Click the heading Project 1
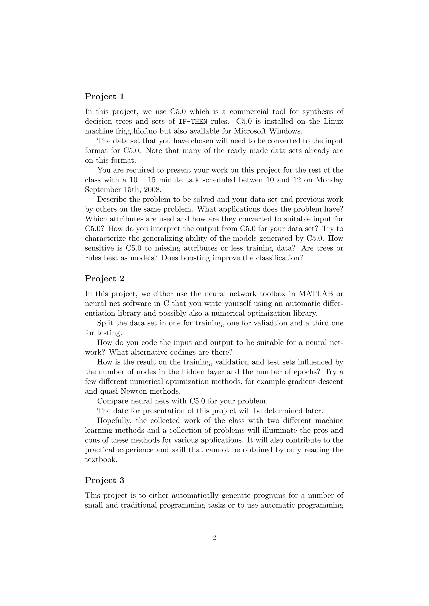pyautogui.click(x=104, y=97)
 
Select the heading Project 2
pyautogui.click(x=104, y=279)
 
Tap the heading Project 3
pyautogui.click(x=104, y=480)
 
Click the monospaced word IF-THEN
pyautogui.click(x=193, y=122)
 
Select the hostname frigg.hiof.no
pyautogui.click(x=142, y=131)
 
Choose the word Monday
pyautogui.click(x=330, y=180)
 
